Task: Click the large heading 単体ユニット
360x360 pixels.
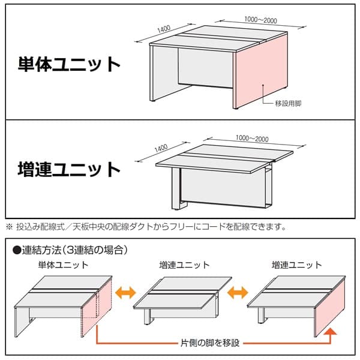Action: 69,65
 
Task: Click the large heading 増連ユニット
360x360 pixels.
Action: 69,169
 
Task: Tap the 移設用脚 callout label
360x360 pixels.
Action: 288,103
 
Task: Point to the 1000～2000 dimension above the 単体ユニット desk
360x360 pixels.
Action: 260,20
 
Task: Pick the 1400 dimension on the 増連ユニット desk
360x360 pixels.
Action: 161,148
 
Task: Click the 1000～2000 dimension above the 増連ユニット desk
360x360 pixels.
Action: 252,138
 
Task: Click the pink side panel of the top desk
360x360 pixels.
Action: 261,71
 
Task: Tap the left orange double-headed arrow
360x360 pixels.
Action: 125,293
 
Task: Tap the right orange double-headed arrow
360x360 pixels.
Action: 238,293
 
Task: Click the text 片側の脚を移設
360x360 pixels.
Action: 210,343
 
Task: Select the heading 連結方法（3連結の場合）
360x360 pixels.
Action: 74,250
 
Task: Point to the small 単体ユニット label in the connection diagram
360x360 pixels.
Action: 64,265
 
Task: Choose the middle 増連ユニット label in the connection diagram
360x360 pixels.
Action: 185,265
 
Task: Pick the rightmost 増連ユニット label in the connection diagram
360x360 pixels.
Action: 296,265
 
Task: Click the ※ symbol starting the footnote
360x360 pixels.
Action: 10,227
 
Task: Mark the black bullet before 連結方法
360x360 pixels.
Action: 17,250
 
